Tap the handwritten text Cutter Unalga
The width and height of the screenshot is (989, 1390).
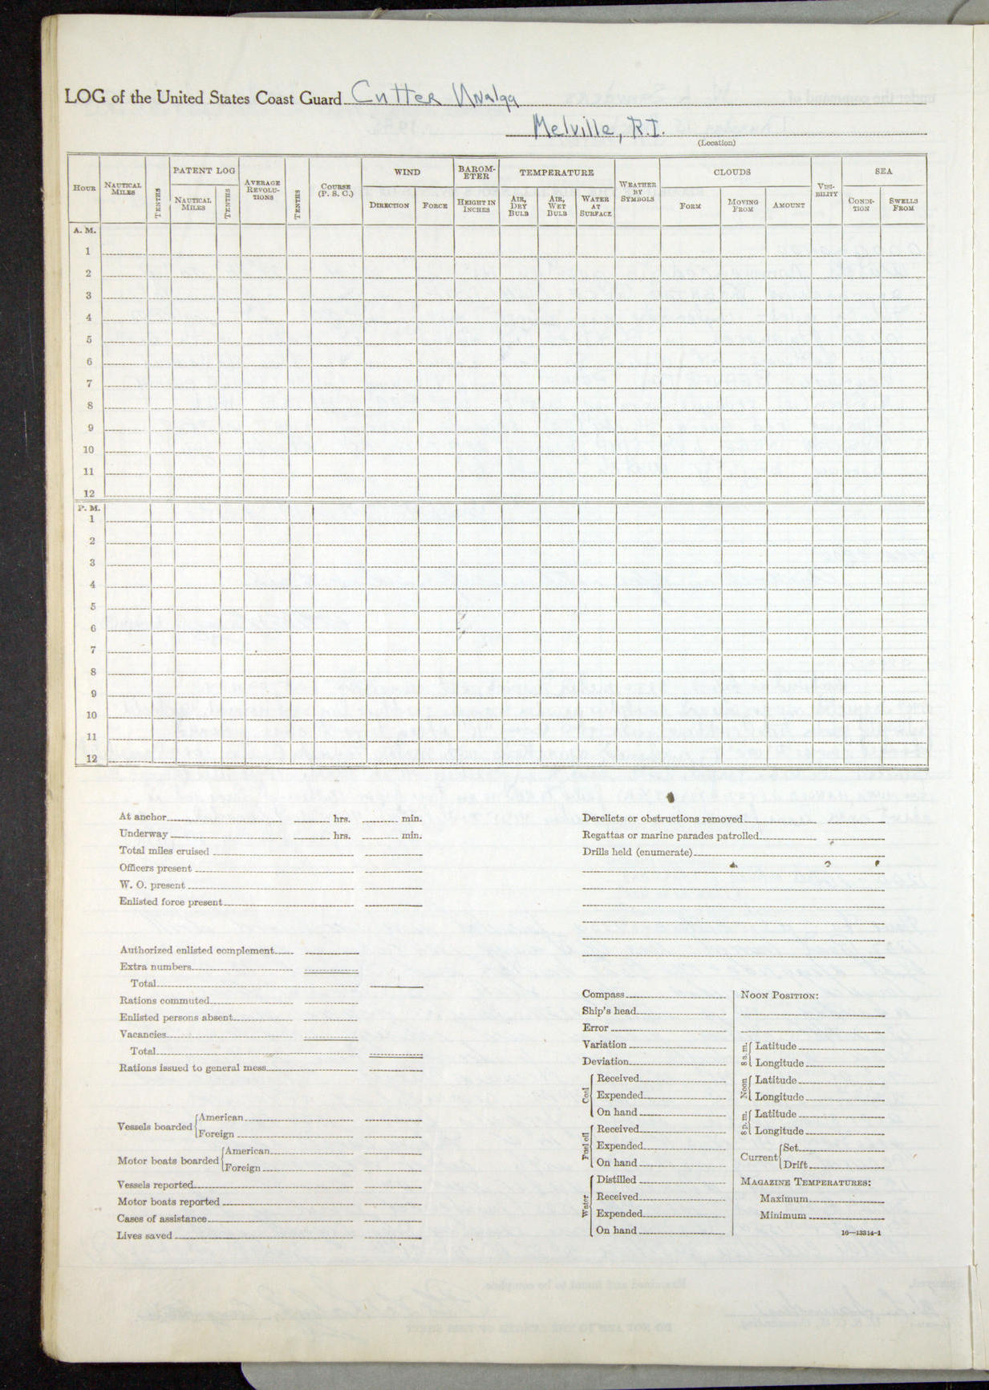point(434,95)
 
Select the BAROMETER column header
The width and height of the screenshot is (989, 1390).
point(476,172)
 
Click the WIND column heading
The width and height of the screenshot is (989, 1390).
point(407,172)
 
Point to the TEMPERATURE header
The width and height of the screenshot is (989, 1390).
point(556,172)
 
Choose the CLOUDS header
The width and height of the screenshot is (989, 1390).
point(732,172)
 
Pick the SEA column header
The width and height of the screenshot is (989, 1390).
point(883,171)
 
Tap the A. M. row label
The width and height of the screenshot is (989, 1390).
point(84,230)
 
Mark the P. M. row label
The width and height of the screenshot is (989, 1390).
point(87,508)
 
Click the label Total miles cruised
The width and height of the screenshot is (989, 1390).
point(164,851)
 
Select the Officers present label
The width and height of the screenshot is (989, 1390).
point(156,868)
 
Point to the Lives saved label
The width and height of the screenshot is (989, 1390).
point(144,1235)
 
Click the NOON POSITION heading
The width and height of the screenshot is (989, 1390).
point(779,995)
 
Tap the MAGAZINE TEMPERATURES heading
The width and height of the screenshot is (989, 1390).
point(805,1182)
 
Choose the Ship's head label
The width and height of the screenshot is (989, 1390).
point(609,1011)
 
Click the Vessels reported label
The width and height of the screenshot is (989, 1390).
point(155,1185)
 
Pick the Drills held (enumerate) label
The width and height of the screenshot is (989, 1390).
point(637,852)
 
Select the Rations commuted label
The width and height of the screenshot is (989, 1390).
point(164,1000)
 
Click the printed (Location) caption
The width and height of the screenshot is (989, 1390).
point(715,143)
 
